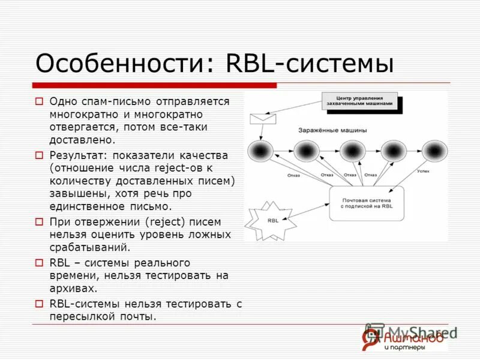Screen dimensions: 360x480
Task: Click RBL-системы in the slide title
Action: pos(309,63)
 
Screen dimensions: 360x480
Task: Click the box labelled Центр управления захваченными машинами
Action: pos(360,100)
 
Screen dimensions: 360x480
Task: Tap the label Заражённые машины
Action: pos(333,130)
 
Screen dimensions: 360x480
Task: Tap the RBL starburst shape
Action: pos(273,220)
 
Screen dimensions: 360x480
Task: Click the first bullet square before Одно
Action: pos(39,101)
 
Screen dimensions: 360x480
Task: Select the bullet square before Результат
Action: pos(39,155)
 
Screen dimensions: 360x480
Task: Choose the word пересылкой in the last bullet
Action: pos(79,316)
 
